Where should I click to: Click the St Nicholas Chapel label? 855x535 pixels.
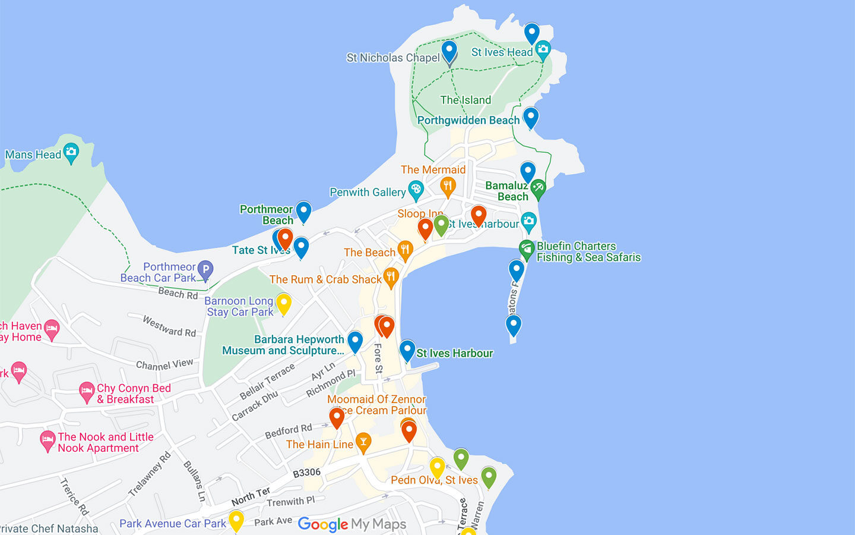[393, 58]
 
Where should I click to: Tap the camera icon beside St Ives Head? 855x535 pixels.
[543, 50]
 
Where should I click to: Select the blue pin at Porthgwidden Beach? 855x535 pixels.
[531, 117]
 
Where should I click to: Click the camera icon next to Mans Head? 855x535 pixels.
[71, 152]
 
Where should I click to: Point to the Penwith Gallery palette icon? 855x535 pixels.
[416, 190]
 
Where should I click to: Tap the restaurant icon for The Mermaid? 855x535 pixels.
[448, 186]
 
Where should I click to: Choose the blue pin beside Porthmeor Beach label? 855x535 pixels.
[303, 210]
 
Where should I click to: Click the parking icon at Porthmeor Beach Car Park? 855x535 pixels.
[205, 270]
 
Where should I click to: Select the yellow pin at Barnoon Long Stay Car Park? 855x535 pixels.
[284, 303]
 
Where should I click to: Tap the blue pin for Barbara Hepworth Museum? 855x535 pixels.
[355, 341]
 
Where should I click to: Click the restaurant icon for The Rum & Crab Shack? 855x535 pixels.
[391, 276]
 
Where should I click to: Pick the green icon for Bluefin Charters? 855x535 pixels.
[527, 250]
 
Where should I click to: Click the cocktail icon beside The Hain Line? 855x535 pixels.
[363, 442]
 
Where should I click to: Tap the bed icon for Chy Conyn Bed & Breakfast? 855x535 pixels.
[87, 392]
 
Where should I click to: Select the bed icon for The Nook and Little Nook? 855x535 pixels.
[47, 441]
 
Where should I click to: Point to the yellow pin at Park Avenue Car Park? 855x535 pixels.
[236, 520]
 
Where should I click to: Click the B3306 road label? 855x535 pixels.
[306, 473]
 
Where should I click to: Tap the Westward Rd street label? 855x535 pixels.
[169, 326]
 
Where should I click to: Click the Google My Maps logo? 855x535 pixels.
[352, 524]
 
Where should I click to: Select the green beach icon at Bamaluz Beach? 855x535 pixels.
[538, 189]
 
